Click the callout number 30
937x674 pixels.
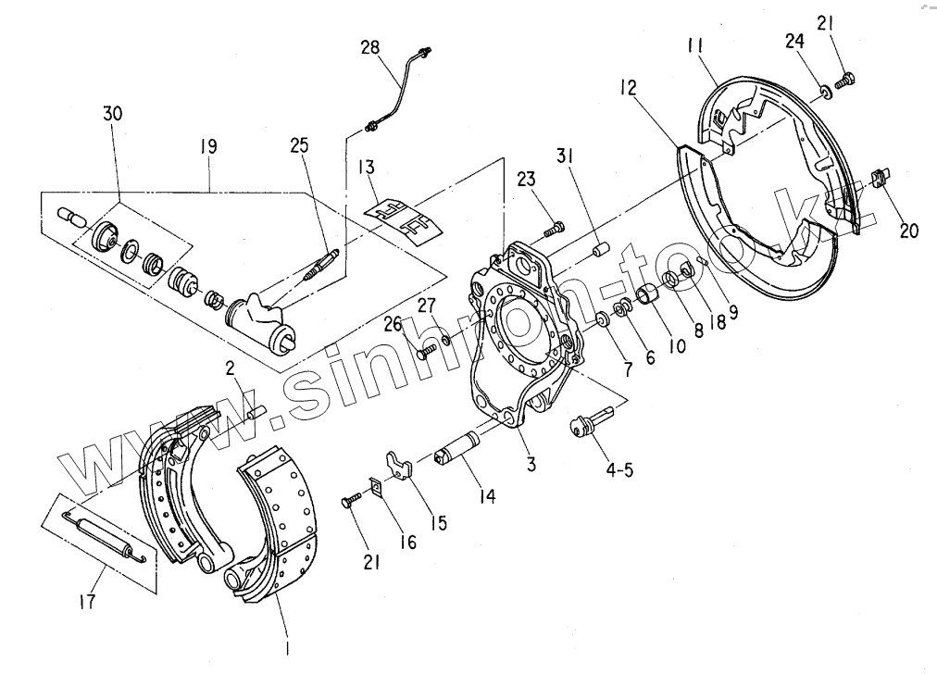112,113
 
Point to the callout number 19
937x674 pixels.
208,145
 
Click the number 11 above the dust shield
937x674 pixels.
697,44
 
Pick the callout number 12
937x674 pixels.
629,87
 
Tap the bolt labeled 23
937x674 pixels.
553,225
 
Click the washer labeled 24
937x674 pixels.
822,90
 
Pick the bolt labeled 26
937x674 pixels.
425,351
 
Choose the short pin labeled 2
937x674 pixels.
253,408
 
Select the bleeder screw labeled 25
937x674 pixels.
320,265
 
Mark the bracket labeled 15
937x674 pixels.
399,465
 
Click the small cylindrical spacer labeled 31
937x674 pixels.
599,250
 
